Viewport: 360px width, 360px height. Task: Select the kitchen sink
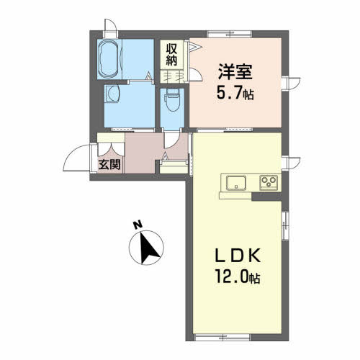tap(236, 181)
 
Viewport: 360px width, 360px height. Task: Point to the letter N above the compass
tap(138, 225)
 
